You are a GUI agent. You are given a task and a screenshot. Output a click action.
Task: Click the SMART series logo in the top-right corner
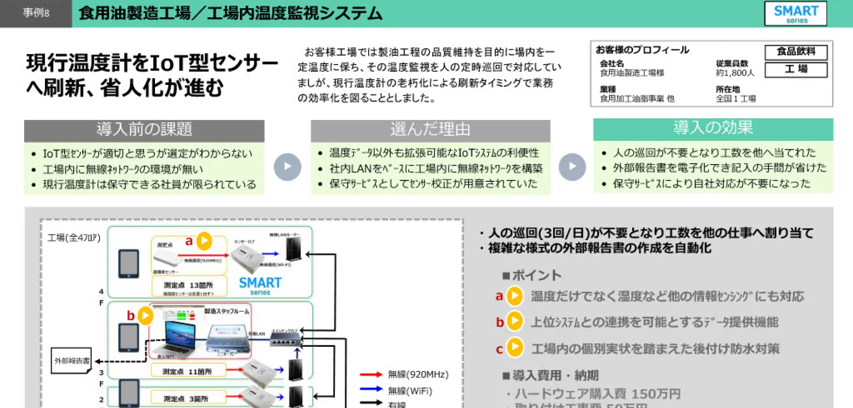tap(796, 13)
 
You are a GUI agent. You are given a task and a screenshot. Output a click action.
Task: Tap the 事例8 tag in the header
tap(36, 13)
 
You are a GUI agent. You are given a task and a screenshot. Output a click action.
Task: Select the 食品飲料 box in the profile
tap(796, 52)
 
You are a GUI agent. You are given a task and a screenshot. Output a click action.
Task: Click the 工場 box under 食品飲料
tap(796, 69)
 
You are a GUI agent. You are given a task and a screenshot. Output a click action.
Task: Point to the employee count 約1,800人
tap(735, 73)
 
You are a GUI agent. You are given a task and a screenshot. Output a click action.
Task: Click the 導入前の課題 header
tap(144, 130)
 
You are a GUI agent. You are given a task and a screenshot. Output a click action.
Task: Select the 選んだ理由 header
tap(430, 130)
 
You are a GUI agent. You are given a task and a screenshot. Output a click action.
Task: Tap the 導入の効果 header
tap(713, 128)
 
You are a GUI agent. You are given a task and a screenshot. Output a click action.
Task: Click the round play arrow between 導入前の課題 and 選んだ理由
tap(287, 167)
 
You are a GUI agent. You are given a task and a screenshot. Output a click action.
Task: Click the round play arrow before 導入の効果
tap(572, 167)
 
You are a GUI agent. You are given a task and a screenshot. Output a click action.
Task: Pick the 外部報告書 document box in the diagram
tap(71, 361)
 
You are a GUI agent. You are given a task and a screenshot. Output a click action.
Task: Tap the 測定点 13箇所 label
tap(188, 285)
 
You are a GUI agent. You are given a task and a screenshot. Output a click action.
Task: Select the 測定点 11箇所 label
tap(187, 371)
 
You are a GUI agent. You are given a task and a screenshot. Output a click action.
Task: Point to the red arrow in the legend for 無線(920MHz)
tap(371, 374)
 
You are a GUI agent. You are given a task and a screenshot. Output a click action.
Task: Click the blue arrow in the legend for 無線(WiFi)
tap(371, 389)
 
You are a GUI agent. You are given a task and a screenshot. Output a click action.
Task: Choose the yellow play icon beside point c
tap(515, 348)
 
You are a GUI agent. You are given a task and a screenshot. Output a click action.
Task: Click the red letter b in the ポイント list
tap(499, 322)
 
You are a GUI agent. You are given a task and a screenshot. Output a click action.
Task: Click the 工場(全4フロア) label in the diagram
tap(74, 238)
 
